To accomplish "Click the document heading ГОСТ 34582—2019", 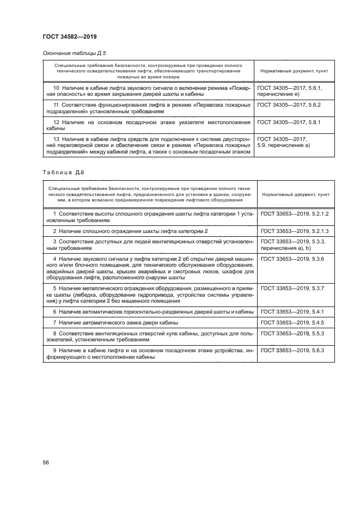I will point(70,37).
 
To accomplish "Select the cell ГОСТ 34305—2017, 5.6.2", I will point(289,104).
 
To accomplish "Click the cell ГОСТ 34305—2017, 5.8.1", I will point(289,122).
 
